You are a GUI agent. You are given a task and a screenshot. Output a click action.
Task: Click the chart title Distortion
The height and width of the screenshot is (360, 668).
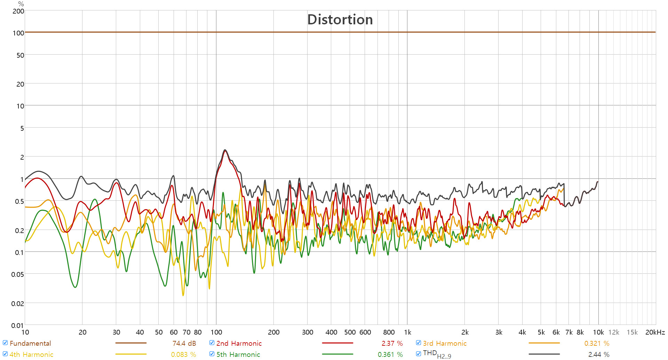coord(340,20)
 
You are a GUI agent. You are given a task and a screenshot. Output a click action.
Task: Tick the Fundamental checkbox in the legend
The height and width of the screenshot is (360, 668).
coord(5,343)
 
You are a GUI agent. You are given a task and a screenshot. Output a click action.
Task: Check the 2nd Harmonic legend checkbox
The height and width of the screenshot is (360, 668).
coord(212,343)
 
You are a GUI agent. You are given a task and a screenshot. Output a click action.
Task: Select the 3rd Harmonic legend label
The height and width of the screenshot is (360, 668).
coord(445,343)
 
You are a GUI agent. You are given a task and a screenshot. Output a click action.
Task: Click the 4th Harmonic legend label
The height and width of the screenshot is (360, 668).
coord(31,354)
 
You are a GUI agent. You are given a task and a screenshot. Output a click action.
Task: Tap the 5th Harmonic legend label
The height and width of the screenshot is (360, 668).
coord(238,354)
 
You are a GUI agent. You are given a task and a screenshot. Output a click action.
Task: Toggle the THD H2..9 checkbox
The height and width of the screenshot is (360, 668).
coord(419,354)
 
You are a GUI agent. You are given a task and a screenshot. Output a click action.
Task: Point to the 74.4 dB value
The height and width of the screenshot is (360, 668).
coord(184,343)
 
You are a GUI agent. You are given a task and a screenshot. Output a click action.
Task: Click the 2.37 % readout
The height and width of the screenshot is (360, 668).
coord(392,343)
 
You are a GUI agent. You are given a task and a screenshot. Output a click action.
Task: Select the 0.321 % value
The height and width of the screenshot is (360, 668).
coord(597,343)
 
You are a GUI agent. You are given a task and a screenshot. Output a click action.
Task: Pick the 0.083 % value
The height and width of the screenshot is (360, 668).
coord(183,354)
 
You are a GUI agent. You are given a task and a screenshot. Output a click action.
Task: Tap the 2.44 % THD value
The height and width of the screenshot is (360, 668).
coord(599,354)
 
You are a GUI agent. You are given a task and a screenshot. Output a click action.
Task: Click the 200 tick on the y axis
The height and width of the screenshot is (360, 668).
coord(18,11)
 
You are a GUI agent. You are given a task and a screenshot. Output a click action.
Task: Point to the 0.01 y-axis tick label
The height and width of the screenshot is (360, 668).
coord(17,326)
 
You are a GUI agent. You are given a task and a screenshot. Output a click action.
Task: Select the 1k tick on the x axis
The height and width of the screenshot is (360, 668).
coord(407,332)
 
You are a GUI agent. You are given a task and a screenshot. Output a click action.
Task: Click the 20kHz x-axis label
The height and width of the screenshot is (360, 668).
coord(655,332)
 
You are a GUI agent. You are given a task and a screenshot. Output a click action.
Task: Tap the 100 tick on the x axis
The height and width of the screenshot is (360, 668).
coord(216,332)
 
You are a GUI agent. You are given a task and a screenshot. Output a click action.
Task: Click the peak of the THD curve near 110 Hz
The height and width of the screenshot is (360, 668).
coord(225,150)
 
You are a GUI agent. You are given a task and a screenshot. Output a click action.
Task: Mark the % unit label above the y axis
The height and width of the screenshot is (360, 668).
coord(21,4)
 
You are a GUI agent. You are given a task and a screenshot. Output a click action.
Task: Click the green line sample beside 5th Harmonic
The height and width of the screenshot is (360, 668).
coord(337,354)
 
